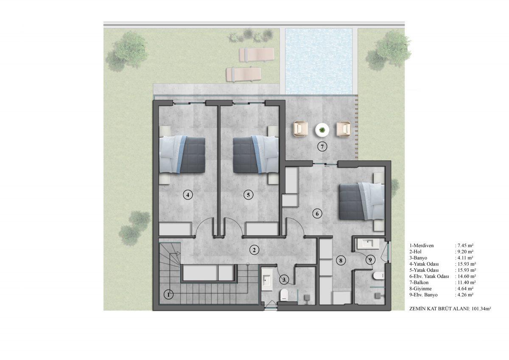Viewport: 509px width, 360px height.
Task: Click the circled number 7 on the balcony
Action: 322,147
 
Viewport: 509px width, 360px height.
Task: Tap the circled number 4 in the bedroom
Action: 187,195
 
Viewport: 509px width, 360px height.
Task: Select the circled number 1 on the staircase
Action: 168,295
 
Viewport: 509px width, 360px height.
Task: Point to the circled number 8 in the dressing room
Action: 340,260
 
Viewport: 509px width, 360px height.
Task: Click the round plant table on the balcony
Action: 322,130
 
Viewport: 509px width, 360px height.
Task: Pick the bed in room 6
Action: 362,201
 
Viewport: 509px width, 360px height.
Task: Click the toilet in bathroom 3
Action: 284,295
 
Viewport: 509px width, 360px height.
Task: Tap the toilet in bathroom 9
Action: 378,276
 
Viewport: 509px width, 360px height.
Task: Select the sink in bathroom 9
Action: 367,243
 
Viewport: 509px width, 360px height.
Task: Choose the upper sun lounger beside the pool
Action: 257,54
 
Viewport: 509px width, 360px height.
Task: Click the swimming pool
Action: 319,61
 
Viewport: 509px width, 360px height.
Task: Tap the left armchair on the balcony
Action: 300,129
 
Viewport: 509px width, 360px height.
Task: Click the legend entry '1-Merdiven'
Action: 421,246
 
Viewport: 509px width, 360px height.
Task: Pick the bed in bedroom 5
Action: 256,155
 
